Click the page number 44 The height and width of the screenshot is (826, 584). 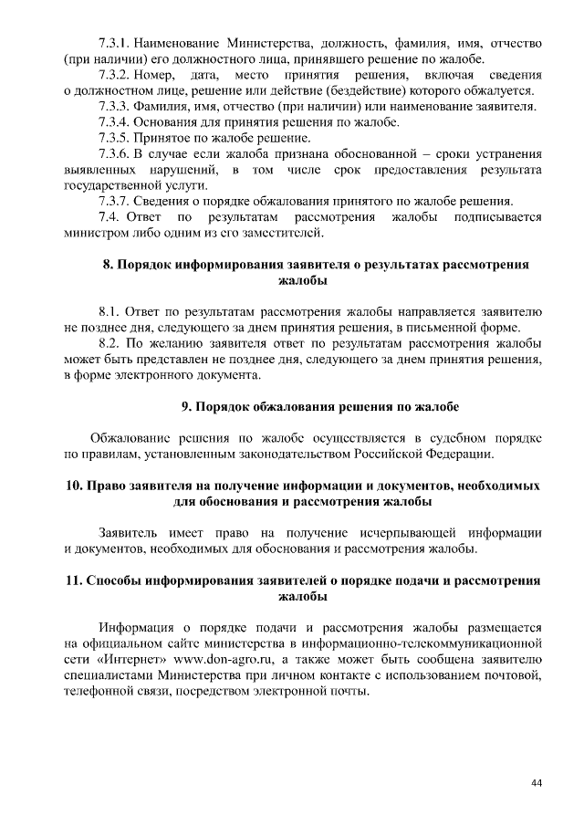pyautogui.click(x=536, y=782)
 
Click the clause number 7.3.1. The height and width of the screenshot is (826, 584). pyautogui.click(x=116, y=43)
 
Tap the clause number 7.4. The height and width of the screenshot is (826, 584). pyautogui.click(x=109, y=217)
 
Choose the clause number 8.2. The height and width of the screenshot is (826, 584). pyautogui.click(x=109, y=344)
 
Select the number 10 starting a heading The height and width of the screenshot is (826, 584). pyautogui.click(x=74, y=485)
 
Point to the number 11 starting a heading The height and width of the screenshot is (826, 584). pyautogui.click(x=74, y=580)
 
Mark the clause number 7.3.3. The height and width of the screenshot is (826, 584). pyautogui.click(x=116, y=106)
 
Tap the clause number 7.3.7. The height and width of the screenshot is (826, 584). pyautogui.click(x=116, y=201)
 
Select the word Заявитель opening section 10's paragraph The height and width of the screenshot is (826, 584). pyautogui.click(x=130, y=532)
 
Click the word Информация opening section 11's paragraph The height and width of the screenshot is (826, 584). pyautogui.click(x=137, y=627)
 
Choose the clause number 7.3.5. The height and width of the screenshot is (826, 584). pyautogui.click(x=116, y=138)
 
